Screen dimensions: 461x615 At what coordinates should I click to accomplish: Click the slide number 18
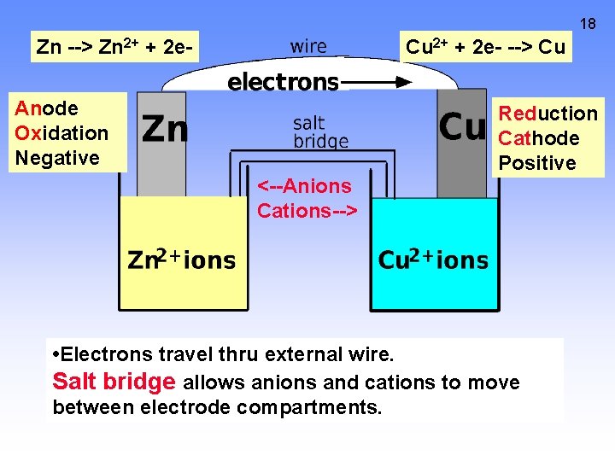[x=588, y=23]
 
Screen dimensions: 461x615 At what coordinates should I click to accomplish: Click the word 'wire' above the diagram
[x=308, y=47]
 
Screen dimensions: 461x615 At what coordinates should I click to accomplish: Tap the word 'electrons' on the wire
[x=283, y=82]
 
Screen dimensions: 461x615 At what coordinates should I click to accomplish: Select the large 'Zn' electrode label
[x=165, y=129]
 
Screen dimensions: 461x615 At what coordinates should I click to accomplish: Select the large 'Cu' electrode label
[x=462, y=127]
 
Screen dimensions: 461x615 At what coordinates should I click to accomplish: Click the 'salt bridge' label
[x=320, y=132]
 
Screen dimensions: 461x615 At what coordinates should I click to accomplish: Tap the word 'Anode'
[x=47, y=108]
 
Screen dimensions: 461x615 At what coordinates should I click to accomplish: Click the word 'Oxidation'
[x=61, y=133]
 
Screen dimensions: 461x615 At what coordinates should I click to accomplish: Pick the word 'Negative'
[x=57, y=158]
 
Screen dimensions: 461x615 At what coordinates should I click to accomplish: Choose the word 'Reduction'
[x=548, y=114]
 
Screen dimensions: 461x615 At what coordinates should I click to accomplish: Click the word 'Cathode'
[x=539, y=138]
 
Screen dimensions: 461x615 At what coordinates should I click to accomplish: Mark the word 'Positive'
[x=537, y=163]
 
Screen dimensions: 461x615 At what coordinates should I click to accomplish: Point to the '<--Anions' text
[x=305, y=186]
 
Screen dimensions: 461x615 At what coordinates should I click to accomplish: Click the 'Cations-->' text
[x=307, y=210]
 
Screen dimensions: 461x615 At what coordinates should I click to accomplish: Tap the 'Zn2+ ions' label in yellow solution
[x=181, y=260]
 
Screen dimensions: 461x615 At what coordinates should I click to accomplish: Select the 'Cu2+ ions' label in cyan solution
[x=433, y=260]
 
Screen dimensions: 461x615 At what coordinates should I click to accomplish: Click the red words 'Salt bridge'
[x=114, y=382]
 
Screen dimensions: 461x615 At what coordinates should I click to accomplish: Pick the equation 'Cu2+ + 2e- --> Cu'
[x=485, y=47]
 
